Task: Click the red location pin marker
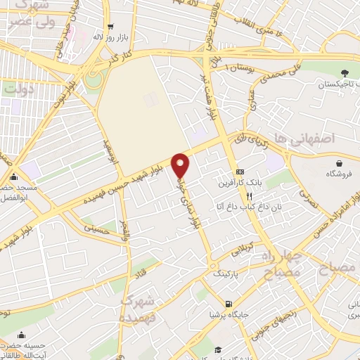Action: point(181,165)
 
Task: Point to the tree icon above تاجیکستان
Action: point(345,72)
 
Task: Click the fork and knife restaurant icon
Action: point(240,196)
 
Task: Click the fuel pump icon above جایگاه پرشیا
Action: point(228,304)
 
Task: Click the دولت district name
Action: point(19,89)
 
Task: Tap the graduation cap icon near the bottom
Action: point(218,349)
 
